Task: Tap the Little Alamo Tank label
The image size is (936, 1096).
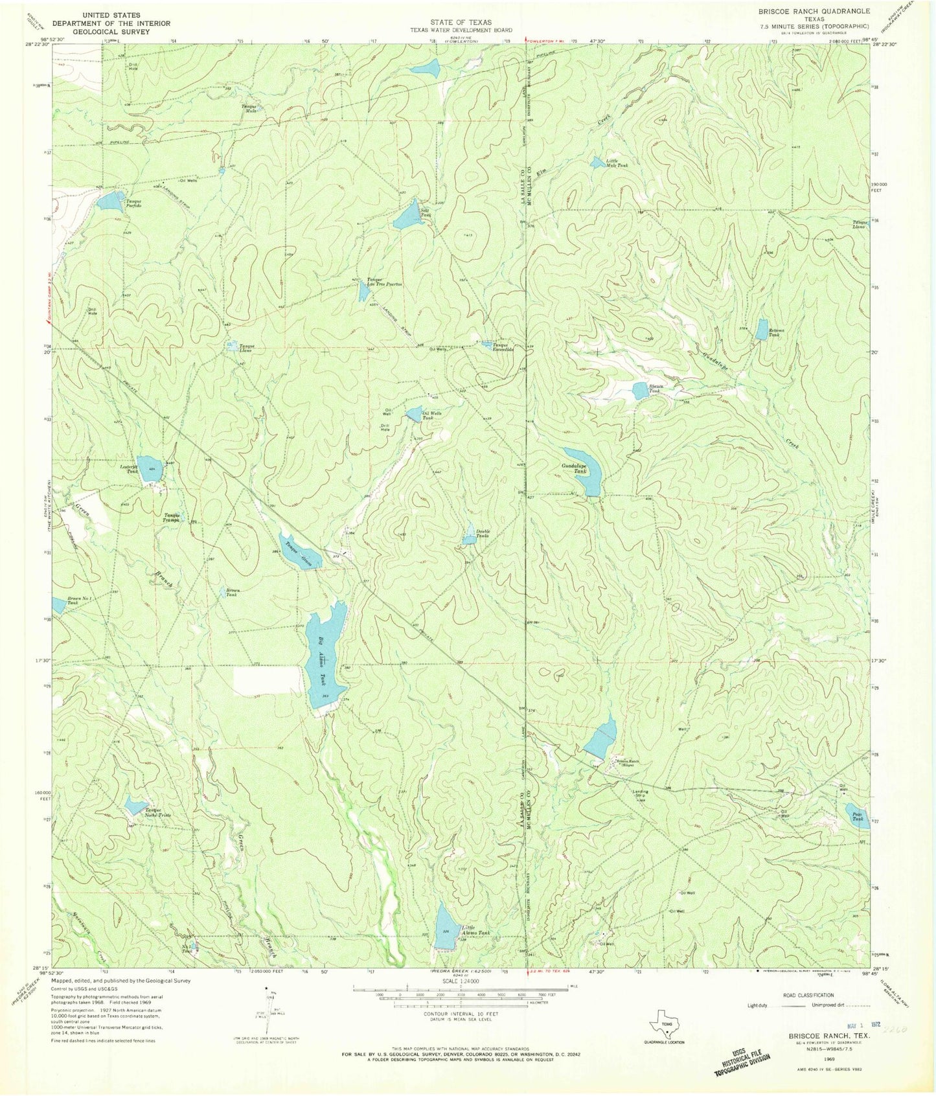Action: click(475, 930)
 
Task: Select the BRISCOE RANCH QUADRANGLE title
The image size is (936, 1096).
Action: click(819, 12)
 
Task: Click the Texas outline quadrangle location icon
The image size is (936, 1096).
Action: click(668, 1023)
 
